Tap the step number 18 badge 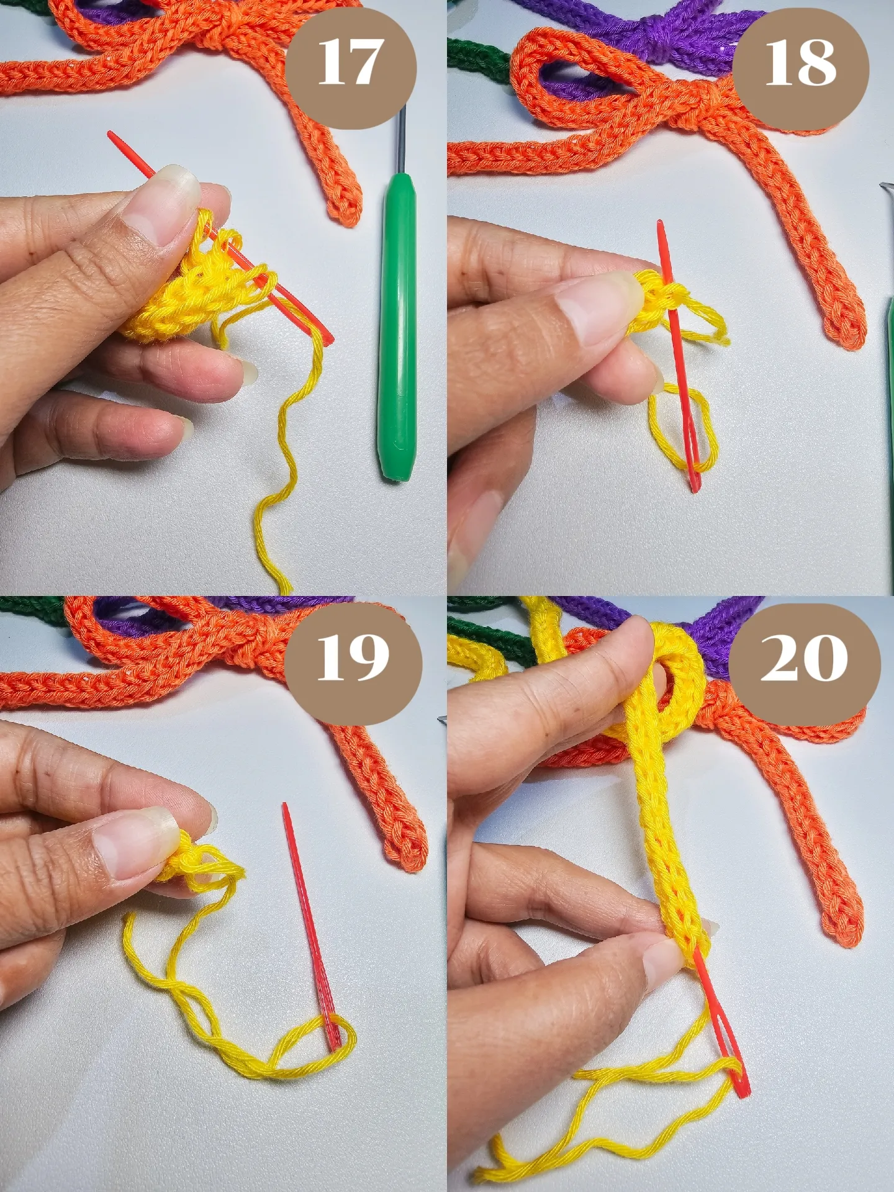800,63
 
